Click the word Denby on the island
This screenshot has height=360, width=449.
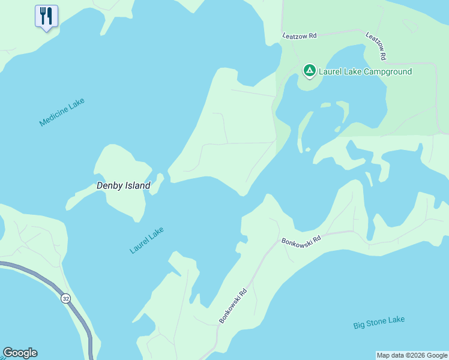[x=110, y=186]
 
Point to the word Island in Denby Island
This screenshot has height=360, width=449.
[x=137, y=186]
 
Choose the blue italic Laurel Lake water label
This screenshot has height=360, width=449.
[x=146, y=240]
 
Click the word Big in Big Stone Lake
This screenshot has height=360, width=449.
[x=359, y=325]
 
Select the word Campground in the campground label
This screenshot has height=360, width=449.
[x=388, y=72]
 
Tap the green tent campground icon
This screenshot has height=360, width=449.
[x=309, y=71]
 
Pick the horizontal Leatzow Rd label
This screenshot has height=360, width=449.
[x=300, y=36]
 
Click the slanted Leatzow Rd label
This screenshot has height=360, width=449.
[x=376, y=46]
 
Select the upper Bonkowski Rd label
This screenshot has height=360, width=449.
[x=301, y=239]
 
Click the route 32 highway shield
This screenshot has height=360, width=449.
[x=65, y=298]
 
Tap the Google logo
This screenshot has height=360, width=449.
[x=20, y=353]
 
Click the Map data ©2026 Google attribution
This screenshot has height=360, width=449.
[x=412, y=355]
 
